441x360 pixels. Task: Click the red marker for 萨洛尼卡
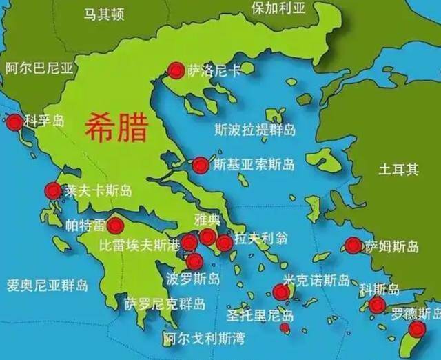point(176,70)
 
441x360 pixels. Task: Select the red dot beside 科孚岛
point(14,123)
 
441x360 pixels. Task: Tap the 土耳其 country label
point(398,170)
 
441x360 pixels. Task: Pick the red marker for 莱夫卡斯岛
point(53,191)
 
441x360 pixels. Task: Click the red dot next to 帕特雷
point(115,226)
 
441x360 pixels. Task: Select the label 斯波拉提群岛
point(255,129)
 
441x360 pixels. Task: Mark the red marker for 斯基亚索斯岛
point(201,165)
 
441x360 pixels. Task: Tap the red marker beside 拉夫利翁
point(224,243)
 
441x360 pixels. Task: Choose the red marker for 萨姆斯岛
point(353,246)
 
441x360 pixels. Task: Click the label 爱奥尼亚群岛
point(47,285)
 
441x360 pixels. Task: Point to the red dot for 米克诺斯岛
point(280,293)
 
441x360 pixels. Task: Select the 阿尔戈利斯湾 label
point(204,339)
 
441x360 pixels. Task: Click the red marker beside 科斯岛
point(376,306)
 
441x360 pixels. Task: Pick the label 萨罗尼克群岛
point(164,303)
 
